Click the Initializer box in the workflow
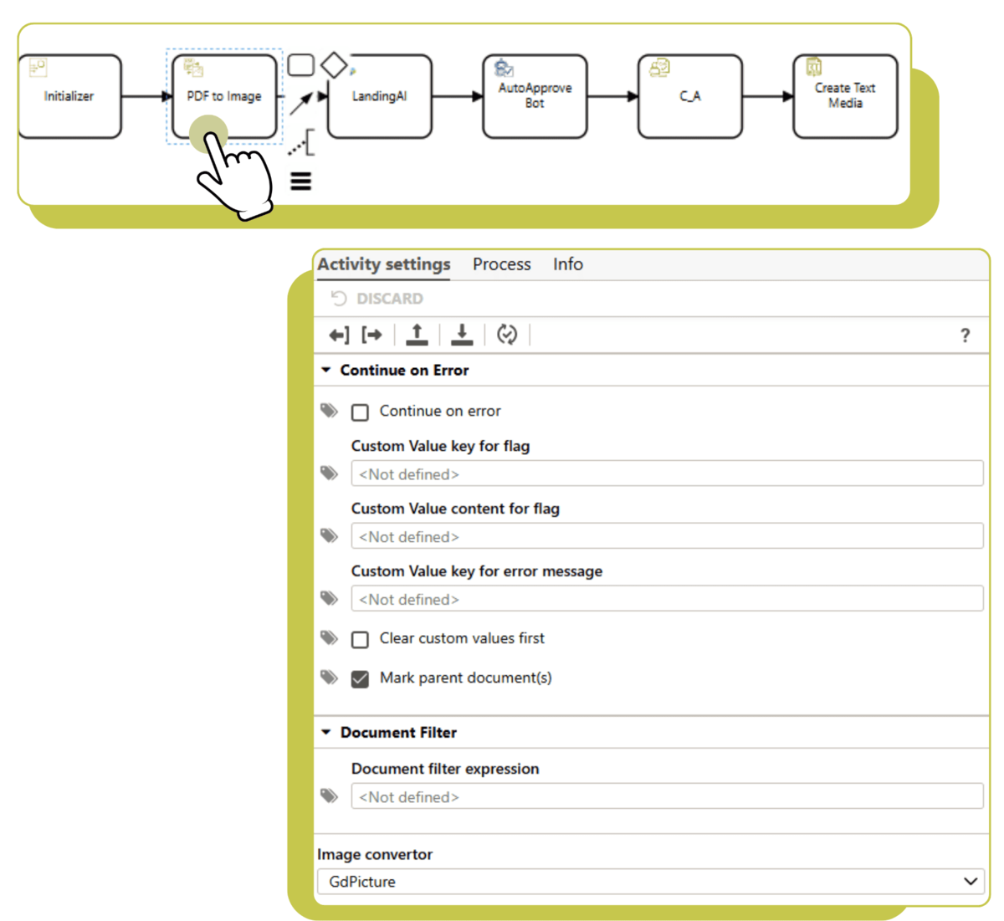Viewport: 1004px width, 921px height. (x=69, y=96)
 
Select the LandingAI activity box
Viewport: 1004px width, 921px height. (x=380, y=96)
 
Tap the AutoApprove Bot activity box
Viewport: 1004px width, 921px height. (x=535, y=96)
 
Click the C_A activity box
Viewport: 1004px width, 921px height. (x=690, y=96)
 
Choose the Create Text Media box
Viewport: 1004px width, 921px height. (x=845, y=96)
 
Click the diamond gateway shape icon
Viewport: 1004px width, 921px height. (x=334, y=65)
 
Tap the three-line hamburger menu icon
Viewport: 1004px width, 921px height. (x=301, y=182)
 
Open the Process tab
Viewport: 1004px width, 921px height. (x=501, y=264)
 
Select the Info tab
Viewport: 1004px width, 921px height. (x=567, y=264)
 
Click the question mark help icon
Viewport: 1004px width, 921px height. (x=965, y=335)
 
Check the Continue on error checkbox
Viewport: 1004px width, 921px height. (x=360, y=412)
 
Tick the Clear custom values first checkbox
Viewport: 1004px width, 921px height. (x=360, y=640)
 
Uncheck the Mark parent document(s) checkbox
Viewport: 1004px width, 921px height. (x=360, y=679)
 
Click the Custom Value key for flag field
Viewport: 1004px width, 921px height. (x=667, y=473)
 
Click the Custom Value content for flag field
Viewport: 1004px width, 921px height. (x=667, y=536)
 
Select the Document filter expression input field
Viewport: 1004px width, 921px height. (x=667, y=796)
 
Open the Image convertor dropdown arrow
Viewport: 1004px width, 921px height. (x=971, y=882)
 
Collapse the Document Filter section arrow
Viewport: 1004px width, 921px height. (x=325, y=732)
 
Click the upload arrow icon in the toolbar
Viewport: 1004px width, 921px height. (x=417, y=335)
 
